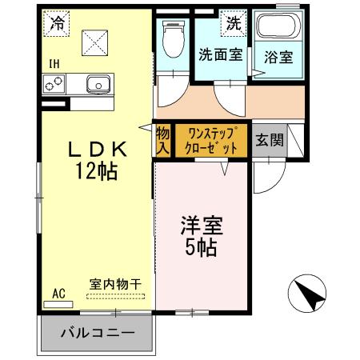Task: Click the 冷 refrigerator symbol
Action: coord(57,24)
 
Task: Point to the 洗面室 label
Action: coord(220,56)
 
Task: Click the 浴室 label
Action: coord(278,58)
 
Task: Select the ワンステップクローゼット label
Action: coord(212,142)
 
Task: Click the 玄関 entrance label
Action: coord(269,142)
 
